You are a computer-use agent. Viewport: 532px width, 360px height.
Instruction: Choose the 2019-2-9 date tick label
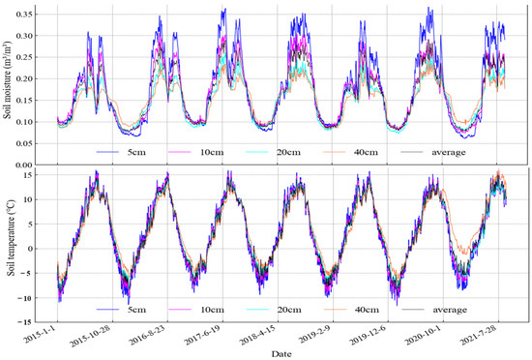point(351,337)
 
